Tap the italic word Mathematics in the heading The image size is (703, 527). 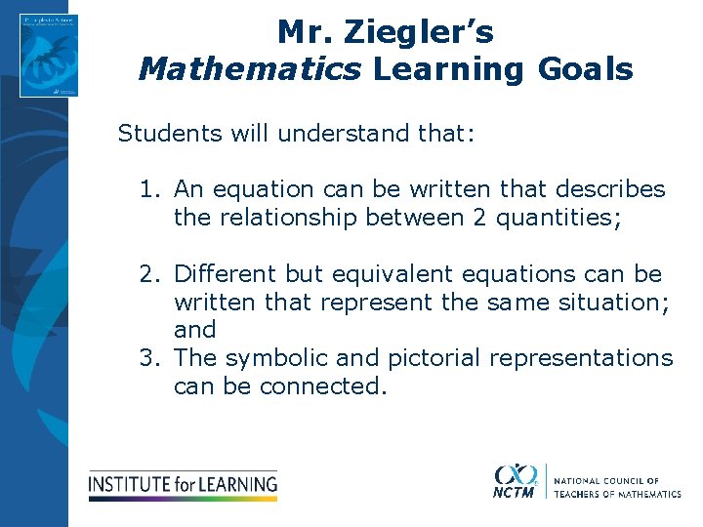(250, 69)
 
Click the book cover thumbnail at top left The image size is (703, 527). (48, 56)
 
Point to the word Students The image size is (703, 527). (172, 133)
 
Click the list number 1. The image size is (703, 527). (146, 189)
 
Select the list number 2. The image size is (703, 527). (146, 274)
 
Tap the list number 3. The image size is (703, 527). (146, 358)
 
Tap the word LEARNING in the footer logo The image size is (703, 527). (239, 483)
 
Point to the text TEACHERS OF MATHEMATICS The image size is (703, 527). (617, 494)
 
